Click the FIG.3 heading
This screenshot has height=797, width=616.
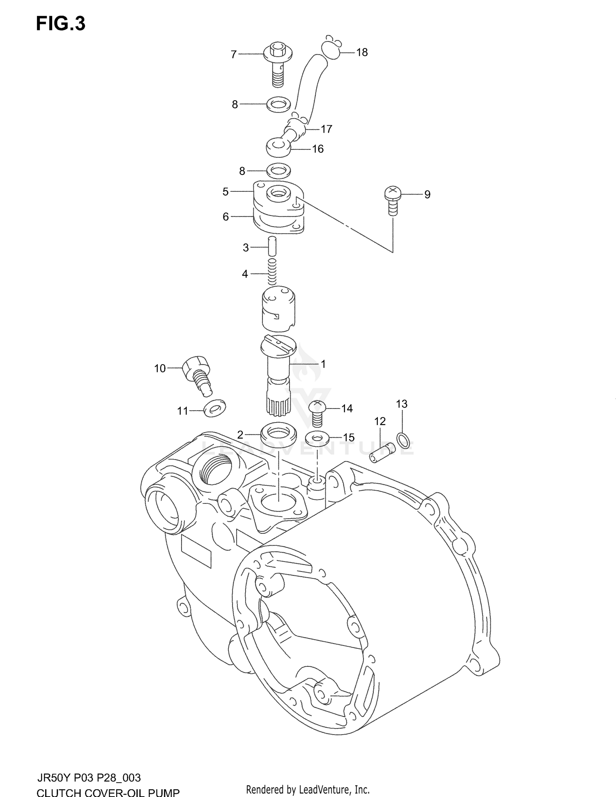coord(61,24)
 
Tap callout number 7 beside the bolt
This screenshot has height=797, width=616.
coord(234,54)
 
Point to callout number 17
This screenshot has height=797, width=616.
coord(326,129)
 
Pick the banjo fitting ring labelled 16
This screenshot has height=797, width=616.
coord(278,147)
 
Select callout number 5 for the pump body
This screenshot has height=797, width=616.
coord(225,191)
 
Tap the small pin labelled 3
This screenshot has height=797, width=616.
coord(273,246)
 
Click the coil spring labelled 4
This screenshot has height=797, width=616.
coord(272,272)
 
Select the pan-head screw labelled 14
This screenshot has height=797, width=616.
coord(317,412)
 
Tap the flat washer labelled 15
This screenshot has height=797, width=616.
coord(317,438)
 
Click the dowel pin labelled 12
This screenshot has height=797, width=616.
coord(382,452)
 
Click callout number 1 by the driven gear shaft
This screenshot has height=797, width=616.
coord(323,364)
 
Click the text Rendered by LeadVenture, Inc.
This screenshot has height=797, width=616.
coord(308,789)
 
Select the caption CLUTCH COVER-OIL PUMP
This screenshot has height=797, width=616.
coord(108,792)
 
